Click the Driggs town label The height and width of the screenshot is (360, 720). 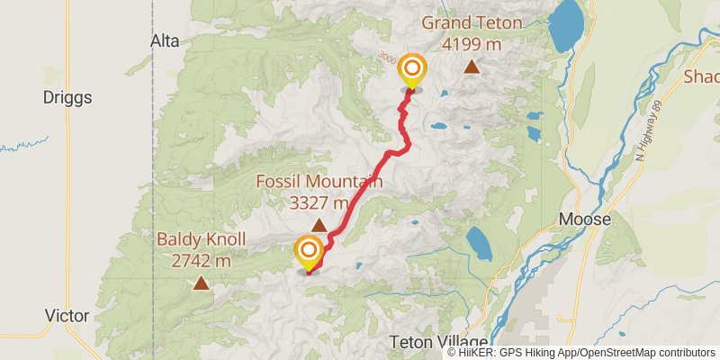coord(68,97)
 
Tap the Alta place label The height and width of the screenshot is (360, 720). coord(165,41)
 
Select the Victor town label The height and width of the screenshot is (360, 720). coord(67,316)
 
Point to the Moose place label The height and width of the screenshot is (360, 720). coord(585,219)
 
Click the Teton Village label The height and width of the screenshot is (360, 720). coord(440,342)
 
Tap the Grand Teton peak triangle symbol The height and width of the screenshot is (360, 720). coord(472,67)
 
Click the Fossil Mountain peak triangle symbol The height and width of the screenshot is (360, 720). coord(319,226)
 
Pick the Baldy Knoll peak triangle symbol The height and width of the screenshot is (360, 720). coord(200,283)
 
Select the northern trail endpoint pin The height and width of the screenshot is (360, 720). coord(412,71)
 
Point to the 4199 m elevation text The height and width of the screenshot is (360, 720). coord(472,42)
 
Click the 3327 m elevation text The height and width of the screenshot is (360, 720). coord(319,202)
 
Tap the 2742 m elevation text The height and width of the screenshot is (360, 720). coord(201,261)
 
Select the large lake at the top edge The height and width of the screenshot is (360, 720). coord(566,25)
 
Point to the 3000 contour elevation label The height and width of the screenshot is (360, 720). coord(388,58)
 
